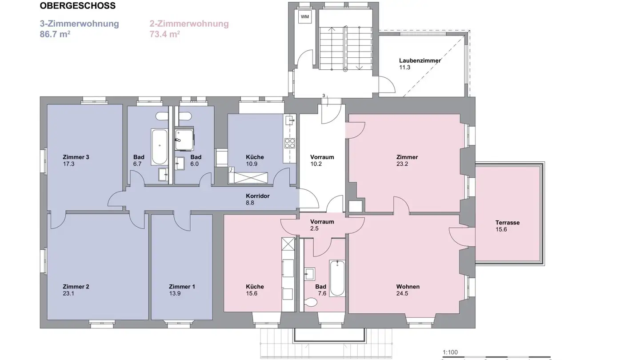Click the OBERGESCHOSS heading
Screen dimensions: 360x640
point(77,6)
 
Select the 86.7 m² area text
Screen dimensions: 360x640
point(55,34)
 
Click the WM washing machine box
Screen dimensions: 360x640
point(305,17)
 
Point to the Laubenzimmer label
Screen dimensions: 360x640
point(420,60)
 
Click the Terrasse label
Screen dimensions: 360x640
point(507,223)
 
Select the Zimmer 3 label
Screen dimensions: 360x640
point(76,157)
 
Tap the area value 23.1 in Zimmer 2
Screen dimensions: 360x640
point(69,293)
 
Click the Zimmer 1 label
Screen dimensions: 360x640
point(182,287)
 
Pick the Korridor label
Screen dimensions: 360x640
point(258,196)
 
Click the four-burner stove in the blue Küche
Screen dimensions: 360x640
point(290,143)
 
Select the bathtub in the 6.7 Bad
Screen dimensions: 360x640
point(159,147)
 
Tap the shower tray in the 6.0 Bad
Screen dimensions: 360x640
point(184,139)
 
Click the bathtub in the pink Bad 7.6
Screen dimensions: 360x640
point(337,278)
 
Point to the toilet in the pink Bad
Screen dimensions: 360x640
point(311,302)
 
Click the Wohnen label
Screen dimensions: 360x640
point(408,287)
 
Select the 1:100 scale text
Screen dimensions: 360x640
point(450,352)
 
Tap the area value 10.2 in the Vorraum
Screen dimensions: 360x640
point(316,164)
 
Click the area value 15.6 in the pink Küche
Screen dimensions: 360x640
point(252,293)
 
